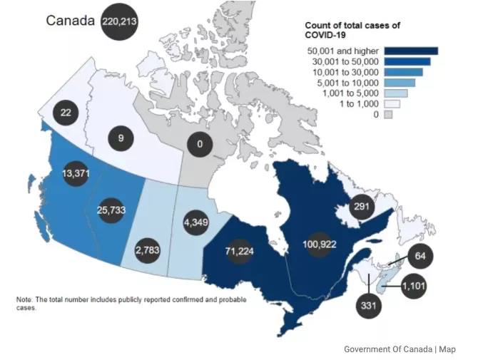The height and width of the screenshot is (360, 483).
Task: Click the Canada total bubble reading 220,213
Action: (119, 21)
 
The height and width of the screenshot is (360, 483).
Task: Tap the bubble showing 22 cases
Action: (66, 113)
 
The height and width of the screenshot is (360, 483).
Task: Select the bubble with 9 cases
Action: (121, 138)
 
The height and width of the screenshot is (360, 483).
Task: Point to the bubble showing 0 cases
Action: (200, 144)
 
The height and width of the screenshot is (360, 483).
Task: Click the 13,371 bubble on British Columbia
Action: (76, 173)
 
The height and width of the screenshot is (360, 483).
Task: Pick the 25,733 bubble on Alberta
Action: (111, 210)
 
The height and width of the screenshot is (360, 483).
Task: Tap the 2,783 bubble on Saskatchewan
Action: (148, 250)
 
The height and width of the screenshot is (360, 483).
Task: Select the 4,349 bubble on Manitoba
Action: (196, 222)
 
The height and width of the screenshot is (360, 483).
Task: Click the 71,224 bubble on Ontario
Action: (239, 252)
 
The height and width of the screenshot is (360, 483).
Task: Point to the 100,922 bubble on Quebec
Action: (320, 245)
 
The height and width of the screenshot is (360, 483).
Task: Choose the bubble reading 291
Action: (362, 207)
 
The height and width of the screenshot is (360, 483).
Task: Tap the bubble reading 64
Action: (420, 256)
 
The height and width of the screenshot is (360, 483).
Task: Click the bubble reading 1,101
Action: (414, 286)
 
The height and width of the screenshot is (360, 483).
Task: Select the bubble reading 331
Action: (369, 306)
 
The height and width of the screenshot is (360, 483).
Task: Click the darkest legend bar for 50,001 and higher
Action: (411, 51)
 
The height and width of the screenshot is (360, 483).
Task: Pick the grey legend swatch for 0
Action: (388, 115)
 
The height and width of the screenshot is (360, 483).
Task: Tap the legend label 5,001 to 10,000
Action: (347, 83)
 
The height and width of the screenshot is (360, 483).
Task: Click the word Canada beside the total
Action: (70, 21)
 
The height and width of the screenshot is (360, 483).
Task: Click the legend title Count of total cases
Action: (352, 30)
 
